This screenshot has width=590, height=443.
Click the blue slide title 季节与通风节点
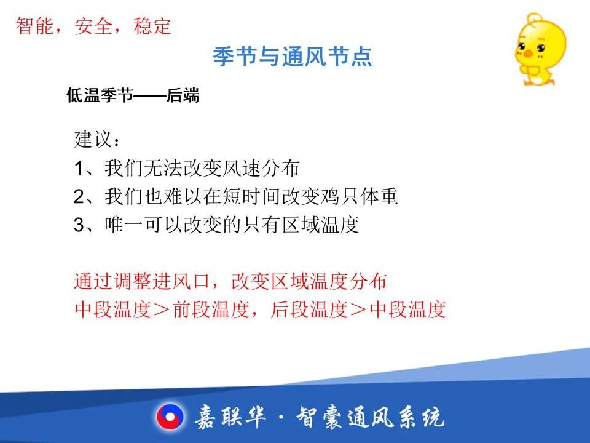pyautogui.click(x=293, y=57)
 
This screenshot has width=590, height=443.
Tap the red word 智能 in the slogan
pyautogui.click(x=34, y=26)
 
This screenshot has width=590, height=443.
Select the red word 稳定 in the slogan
pyautogui.click(x=152, y=26)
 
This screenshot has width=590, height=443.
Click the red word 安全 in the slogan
pyautogui.click(x=93, y=26)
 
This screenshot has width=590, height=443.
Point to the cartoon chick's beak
pyautogui.click(x=529, y=53)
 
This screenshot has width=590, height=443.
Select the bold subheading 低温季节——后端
pyautogui.click(x=133, y=95)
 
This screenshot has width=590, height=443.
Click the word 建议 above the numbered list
pyautogui.click(x=93, y=139)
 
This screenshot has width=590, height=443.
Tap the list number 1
pyautogui.click(x=78, y=168)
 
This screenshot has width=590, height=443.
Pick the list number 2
pyautogui.click(x=79, y=196)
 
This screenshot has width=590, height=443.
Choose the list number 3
pyautogui.click(x=79, y=225)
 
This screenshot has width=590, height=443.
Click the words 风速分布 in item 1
pyautogui.click(x=261, y=167)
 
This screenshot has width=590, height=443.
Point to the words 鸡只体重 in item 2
pyautogui.click(x=359, y=196)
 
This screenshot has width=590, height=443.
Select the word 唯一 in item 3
pyautogui.click(x=124, y=225)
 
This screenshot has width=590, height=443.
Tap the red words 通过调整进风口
pyautogui.click(x=141, y=281)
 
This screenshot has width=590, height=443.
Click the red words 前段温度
pyautogui.click(x=211, y=309)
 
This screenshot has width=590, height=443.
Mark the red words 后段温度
pyautogui.click(x=309, y=309)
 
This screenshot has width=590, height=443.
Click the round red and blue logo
pyautogui.click(x=170, y=417)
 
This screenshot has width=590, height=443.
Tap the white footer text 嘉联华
pyautogui.click(x=230, y=417)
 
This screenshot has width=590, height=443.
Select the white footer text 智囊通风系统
pyautogui.click(x=370, y=417)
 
